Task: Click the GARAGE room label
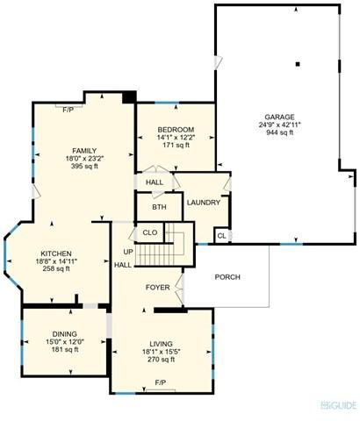click(279, 117)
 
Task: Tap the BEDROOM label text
click(176, 130)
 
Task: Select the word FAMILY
click(84, 151)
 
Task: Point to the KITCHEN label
click(56, 253)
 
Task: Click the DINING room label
click(65, 334)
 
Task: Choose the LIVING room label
click(161, 344)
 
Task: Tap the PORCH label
click(227, 277)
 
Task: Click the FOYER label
click(158, 288)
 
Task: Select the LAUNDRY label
click(204, 203)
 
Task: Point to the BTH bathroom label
click(159, 207)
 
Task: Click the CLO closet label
click(150, 232)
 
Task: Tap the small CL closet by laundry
click(222, 236)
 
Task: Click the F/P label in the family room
click(68, 110)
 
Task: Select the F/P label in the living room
click(161, 382)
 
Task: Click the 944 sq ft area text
click(279, 132)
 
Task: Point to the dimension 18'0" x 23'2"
click(85, 159)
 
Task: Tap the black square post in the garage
click(298, 64)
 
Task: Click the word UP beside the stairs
click(128, 252)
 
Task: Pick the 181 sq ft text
click(65, 349)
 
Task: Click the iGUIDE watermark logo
click(339, 405)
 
